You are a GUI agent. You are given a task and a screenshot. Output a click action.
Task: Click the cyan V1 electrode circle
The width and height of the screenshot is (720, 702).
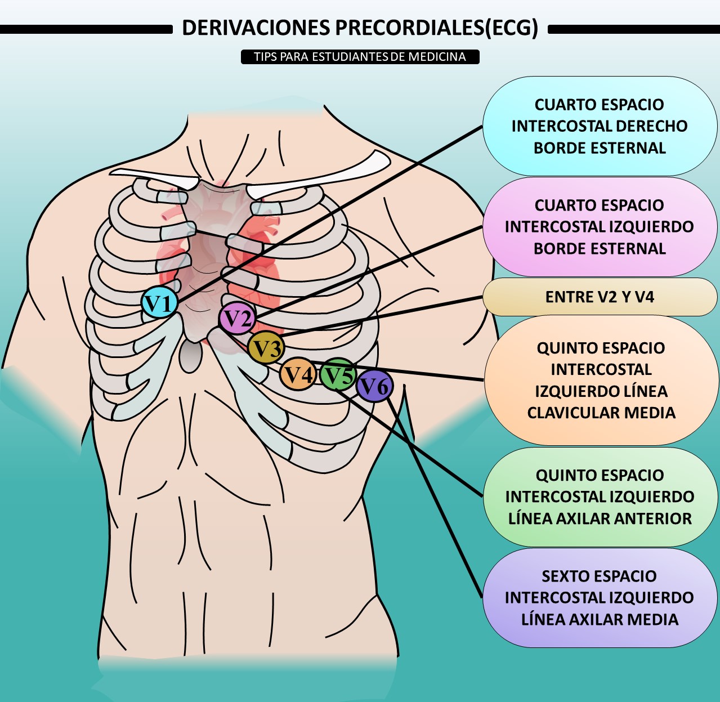click(x=160, y=303)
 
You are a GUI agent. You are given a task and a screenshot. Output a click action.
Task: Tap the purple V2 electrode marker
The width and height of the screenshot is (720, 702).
click(x=237, y=318)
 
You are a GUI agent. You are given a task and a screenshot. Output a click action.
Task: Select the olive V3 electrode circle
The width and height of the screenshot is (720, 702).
click(x=266, y=347)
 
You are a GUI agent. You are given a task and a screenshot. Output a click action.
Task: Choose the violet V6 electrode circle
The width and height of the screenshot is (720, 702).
click(x=375, y=386)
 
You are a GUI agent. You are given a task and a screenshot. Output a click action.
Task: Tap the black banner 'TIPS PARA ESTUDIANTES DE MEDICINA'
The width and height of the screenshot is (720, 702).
click(x=360, y=57)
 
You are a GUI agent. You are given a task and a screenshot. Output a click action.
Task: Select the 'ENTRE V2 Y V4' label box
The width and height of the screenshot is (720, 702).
click(x=600, y=297)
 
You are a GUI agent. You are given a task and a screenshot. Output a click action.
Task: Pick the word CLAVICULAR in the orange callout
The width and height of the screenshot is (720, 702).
click(x=572, y=413)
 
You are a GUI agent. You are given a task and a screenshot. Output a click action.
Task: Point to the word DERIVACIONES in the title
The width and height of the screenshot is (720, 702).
click(x=256, y=28)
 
